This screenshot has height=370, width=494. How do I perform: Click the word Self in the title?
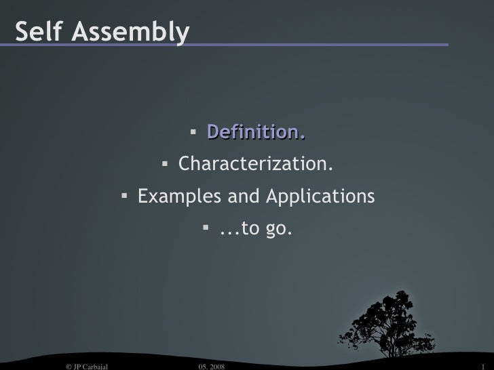click(38, 31)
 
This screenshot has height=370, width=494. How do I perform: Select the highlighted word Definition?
click(256, 131)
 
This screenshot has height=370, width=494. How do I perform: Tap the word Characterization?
click(256, 165)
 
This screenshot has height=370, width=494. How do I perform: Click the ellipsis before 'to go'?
click(229, 232)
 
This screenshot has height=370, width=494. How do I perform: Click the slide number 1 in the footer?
click(480, 365)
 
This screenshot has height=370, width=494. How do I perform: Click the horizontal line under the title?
click(312, 45)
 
